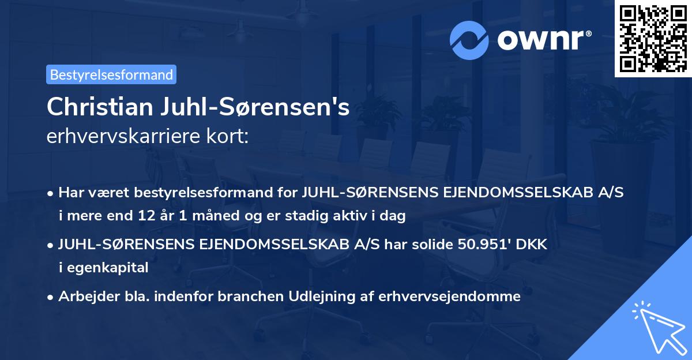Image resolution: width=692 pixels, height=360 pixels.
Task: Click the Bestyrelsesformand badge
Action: pyautogui.click(x=111, y=74)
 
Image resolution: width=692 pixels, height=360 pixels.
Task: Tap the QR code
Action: pyautogui.click(x=653, y=38)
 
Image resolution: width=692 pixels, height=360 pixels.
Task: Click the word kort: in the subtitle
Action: pyautogui.click(x=229, y=137)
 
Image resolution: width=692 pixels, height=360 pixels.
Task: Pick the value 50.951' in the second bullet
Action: pyautogui.click(x=477, y=245)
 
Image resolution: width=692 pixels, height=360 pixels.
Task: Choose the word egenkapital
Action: pyautogui.click(x=108, y=267)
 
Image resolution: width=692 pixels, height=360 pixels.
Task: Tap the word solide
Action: pyautogui.click(x=428, y=245)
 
